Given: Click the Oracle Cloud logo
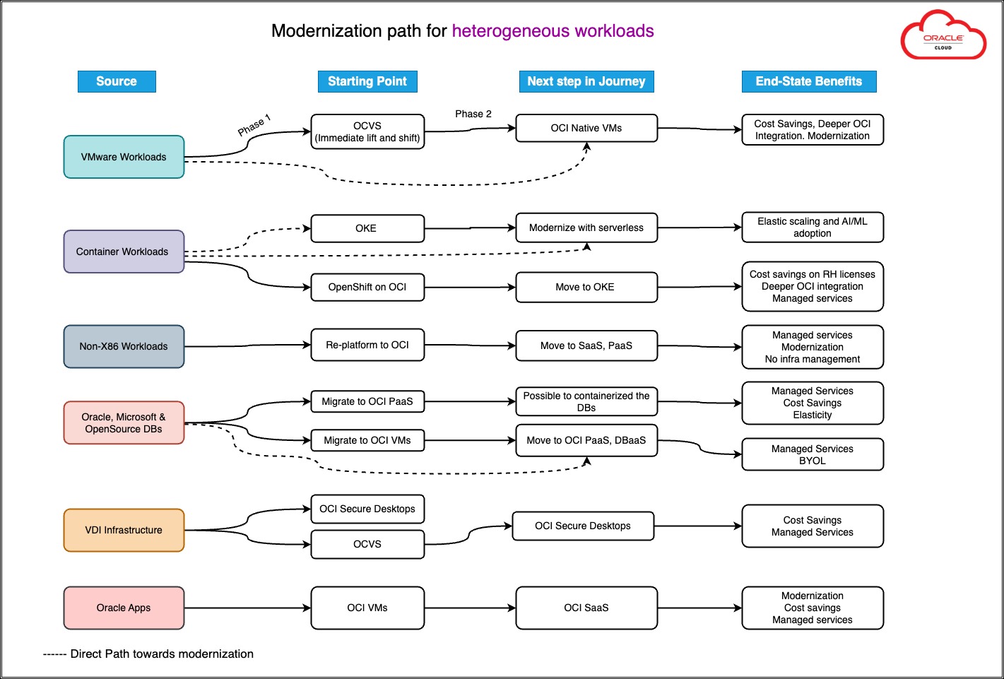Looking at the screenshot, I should point(943,35).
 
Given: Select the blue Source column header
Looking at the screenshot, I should point(117,81).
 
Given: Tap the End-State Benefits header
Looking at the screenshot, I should point(808,81).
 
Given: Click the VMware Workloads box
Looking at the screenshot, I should point(124,157).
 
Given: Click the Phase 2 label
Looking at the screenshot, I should point(473,114).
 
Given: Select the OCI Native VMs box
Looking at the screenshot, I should point(586,128).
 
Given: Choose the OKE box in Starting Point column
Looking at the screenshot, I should point(367,228).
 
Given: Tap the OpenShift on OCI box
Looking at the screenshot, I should point(367,287).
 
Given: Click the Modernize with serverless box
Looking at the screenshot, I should point(586,228).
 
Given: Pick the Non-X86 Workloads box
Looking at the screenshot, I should point(124,346).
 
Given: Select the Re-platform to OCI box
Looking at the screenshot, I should point(367,345).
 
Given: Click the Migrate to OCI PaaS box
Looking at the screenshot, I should point(367,401).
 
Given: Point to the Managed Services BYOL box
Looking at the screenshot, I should point(812,454).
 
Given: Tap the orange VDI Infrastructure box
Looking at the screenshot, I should point(124,530).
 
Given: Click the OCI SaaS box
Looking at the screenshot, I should point(586,608).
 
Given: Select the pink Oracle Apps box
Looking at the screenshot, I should point(124,608).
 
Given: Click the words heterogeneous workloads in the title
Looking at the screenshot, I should point(553,31).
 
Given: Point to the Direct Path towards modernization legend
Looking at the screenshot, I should point(148,654).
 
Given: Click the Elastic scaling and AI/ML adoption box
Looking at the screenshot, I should point(812,227).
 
